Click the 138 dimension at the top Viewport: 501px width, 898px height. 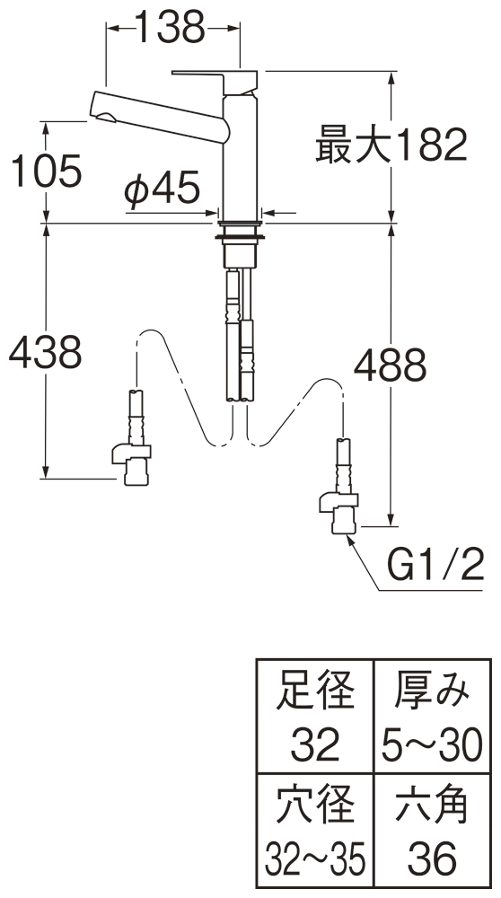[170, 27]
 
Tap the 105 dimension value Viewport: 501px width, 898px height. [47, 171]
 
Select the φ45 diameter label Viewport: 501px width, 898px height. [163, 189]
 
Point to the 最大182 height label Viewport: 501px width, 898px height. [391, 145]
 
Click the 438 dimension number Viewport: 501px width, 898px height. [46, 352]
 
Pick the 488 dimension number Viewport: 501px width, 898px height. [390, 365]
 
